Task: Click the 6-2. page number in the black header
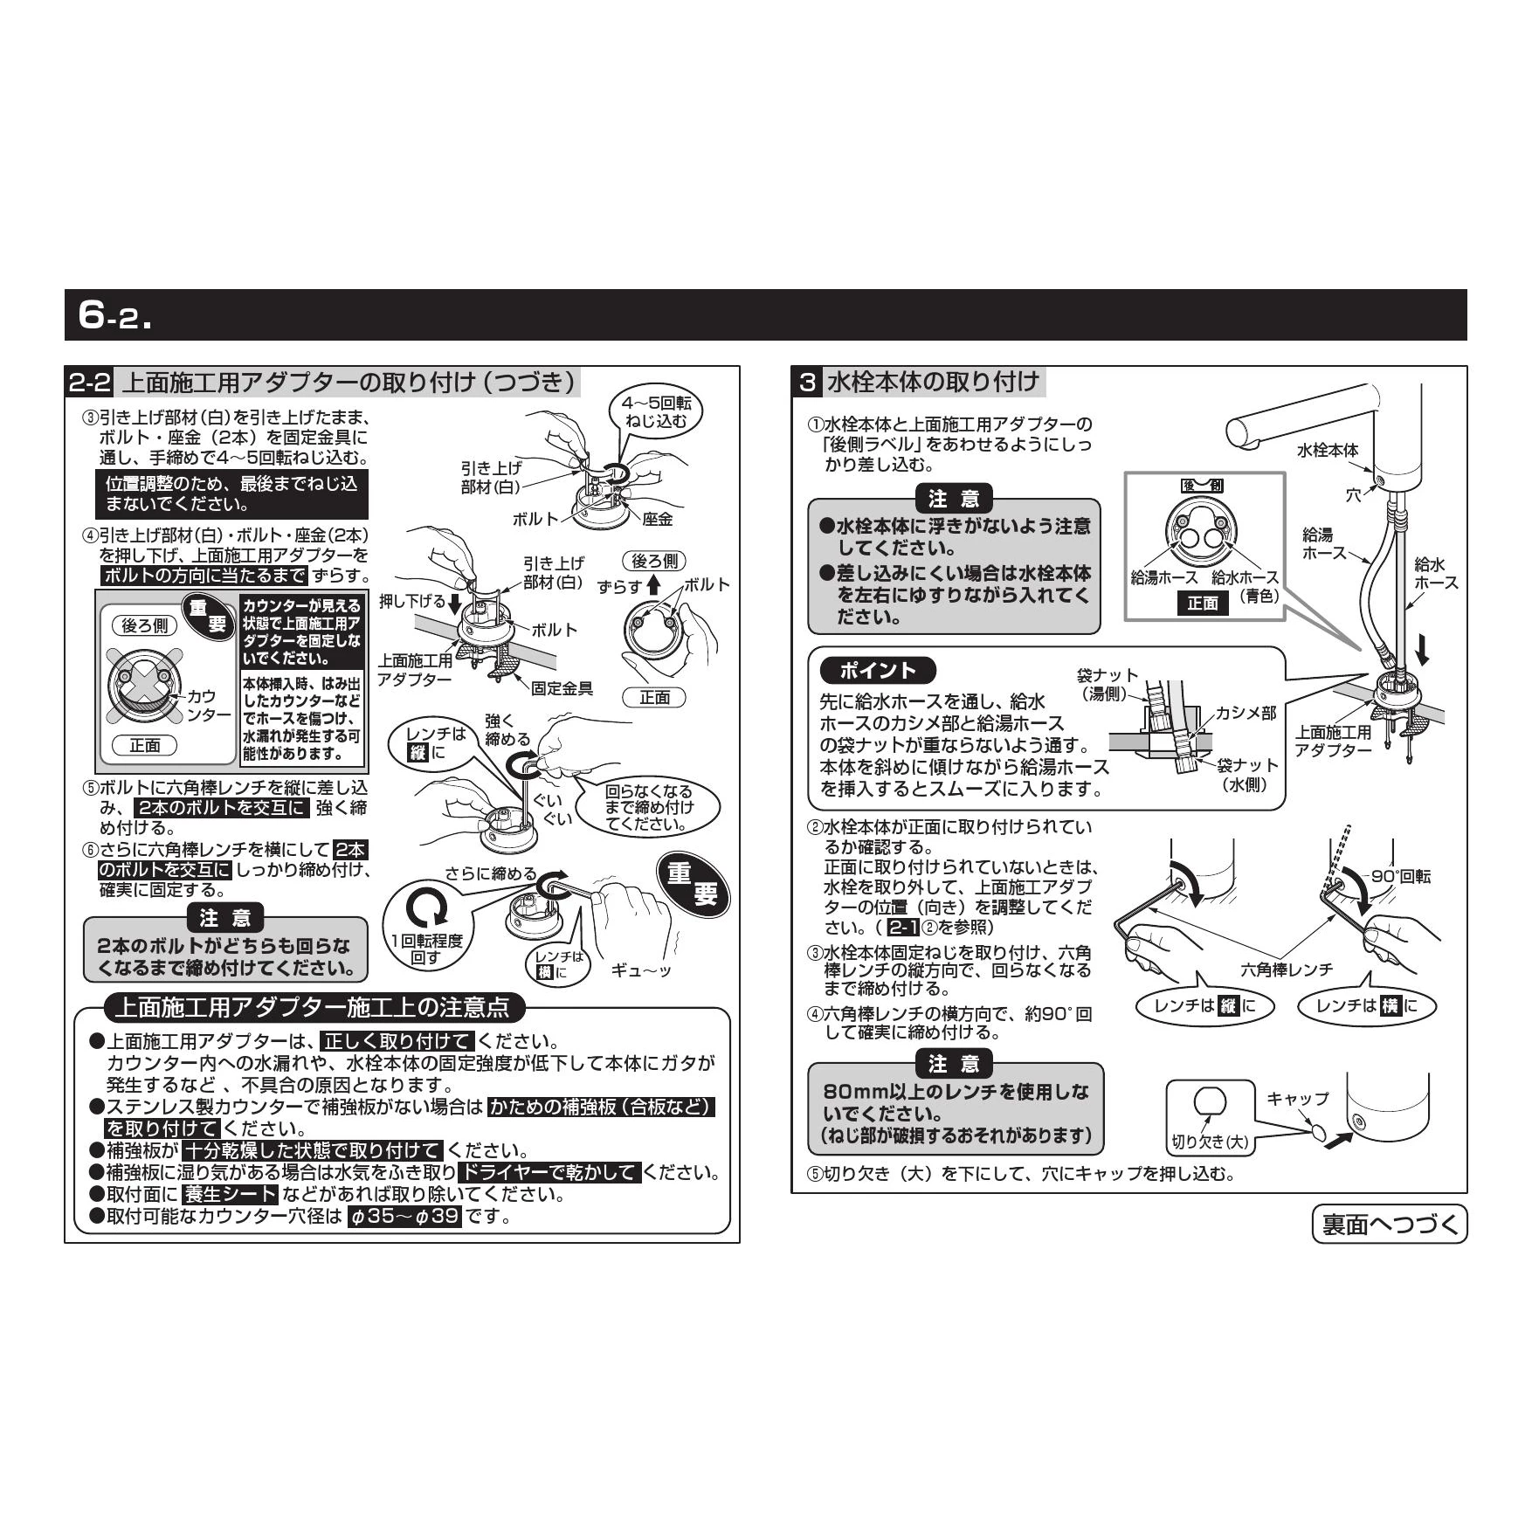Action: [x=114, y=314]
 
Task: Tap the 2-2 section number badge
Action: [x=91, y=383]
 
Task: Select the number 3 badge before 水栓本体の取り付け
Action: [x=808, y=383]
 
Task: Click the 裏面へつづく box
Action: [x=1390, y=1224]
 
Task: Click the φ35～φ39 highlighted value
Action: [x=404, y=1216]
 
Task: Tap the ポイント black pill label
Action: [x=878, y=671]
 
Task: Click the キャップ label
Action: [x=1298, y=1099]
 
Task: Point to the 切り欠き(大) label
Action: [x=1211, y=1142]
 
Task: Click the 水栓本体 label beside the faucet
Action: [x=1328, y=450]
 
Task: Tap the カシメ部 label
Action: [x=1247, y=713]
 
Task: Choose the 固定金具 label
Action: [x=562, y=688]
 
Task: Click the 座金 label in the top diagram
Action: [x=658, y=519]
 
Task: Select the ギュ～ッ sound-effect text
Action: [x=641, y=970]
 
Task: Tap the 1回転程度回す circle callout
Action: [x=426, y=924]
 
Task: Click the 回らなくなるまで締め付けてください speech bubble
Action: [x=649, y=807]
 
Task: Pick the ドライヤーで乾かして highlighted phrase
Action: [x=549, y=1172]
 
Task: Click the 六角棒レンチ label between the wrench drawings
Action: [x=1287, y=970]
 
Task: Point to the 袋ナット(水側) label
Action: [x=1247, y=774]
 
